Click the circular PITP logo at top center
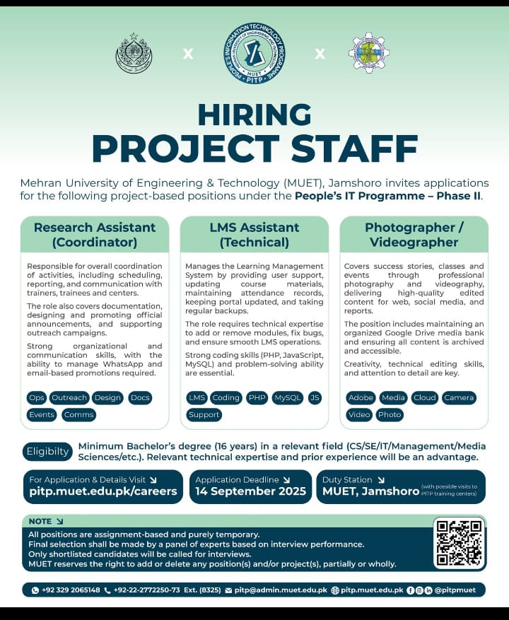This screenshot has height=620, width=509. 254,54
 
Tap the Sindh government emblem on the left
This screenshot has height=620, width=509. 134,54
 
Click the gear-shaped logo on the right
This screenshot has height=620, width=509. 369,54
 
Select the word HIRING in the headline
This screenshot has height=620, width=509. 255,115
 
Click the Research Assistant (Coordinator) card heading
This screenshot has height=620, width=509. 95,235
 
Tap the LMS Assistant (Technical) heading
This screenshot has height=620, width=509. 255,235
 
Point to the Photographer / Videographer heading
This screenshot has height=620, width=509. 414,235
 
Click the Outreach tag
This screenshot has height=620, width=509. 69,398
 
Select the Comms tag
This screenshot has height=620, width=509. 78,415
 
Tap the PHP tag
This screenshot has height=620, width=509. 257,398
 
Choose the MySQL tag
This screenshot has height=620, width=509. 288,398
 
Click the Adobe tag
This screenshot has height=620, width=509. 361,398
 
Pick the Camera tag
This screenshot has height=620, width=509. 459,398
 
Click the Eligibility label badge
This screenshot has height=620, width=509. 48,452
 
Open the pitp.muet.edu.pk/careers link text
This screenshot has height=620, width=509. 103,491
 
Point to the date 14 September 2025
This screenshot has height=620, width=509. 251,491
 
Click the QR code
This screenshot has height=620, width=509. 460,543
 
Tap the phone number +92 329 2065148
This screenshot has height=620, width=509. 71,590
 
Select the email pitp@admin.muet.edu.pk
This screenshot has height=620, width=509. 281,590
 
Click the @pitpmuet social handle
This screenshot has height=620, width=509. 455,590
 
